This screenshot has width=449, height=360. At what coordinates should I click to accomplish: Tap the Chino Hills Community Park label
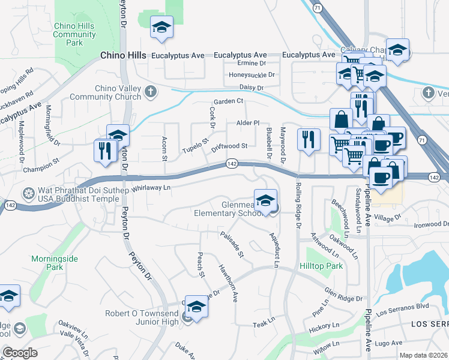[74, 34]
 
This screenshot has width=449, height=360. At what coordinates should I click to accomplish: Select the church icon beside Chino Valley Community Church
[151, 92]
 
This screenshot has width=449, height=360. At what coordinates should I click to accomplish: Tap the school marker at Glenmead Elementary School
[265, 200]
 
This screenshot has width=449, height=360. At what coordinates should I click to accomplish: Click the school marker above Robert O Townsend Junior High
[196, 307]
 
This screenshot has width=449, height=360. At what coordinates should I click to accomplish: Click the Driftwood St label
[229, 146]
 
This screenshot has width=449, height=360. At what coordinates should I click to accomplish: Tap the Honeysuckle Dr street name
[252, 75]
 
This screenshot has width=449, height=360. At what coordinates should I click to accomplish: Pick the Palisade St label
[232, 245]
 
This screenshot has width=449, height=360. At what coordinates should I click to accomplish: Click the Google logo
[20, 352]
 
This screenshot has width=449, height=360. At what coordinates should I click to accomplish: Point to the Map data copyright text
[423, 355]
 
